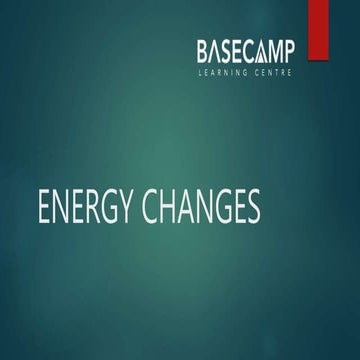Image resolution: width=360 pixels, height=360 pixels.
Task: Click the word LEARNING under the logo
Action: pyautogui.click(x=224, y=73)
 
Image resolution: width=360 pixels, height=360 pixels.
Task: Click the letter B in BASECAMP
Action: pyautogui.click(x=204, y=51)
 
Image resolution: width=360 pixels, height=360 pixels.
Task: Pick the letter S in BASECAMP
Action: pyautogui.click(x=232, y=51)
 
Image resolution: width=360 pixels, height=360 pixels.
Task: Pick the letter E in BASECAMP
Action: pyautogui.click(x=245, y=51)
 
